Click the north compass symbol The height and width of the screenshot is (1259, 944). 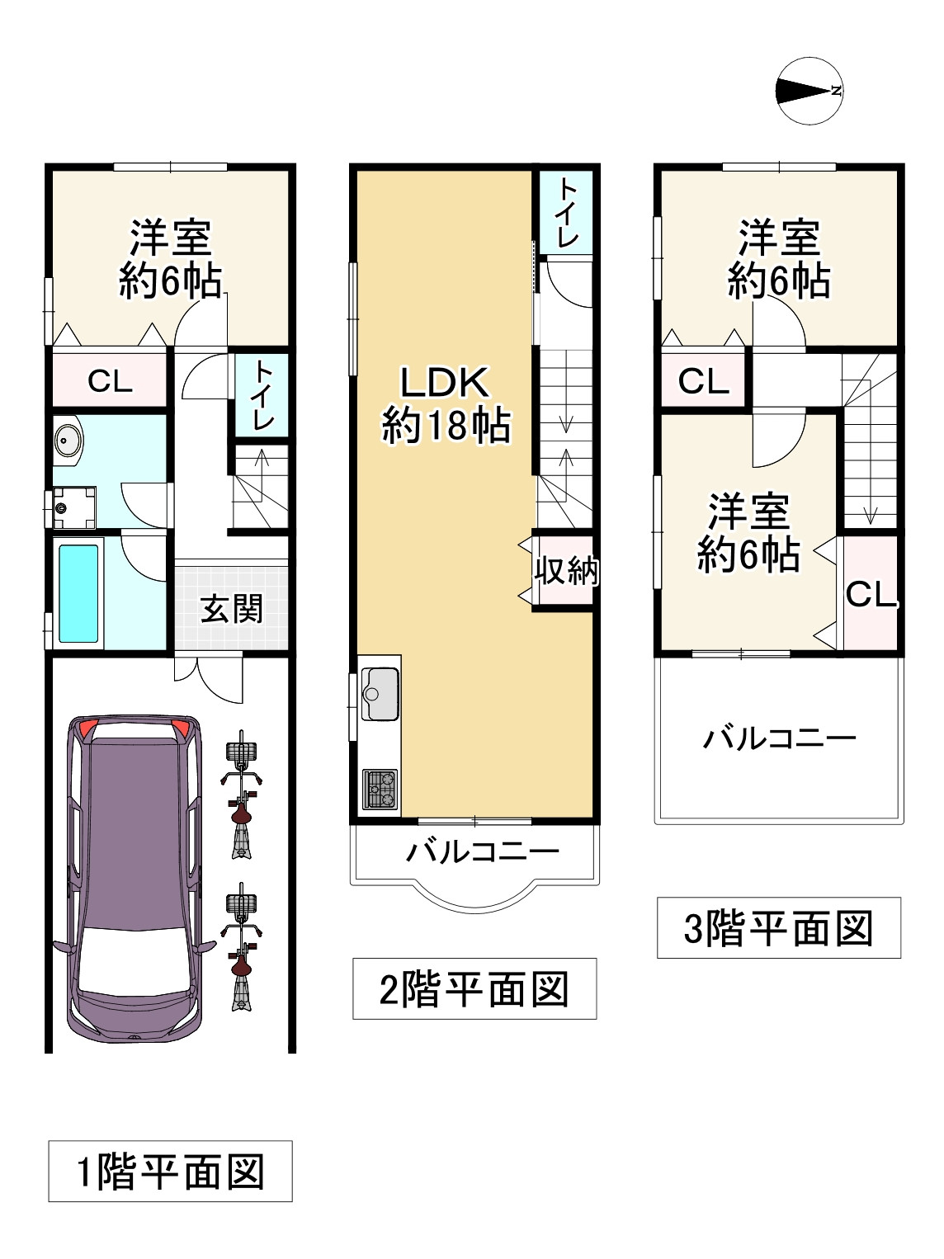pos(809,91)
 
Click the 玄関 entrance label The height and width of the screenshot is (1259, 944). pos(232,609)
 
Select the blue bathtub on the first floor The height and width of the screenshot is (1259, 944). pos(78,594)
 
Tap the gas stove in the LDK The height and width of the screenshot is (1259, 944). pos(380,790)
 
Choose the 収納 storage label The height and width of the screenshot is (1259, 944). pos(566,571)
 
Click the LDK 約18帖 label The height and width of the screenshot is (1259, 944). pos(446,404)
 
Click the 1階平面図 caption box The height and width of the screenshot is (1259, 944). pos(170,1171)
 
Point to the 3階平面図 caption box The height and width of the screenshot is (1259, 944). pos(779,927)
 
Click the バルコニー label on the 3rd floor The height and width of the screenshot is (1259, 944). pos(780,738)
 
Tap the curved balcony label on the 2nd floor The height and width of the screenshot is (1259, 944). pos(483,852)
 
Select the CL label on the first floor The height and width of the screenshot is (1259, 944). pos(110,381)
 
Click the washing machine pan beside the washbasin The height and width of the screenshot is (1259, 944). pos(74,507)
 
